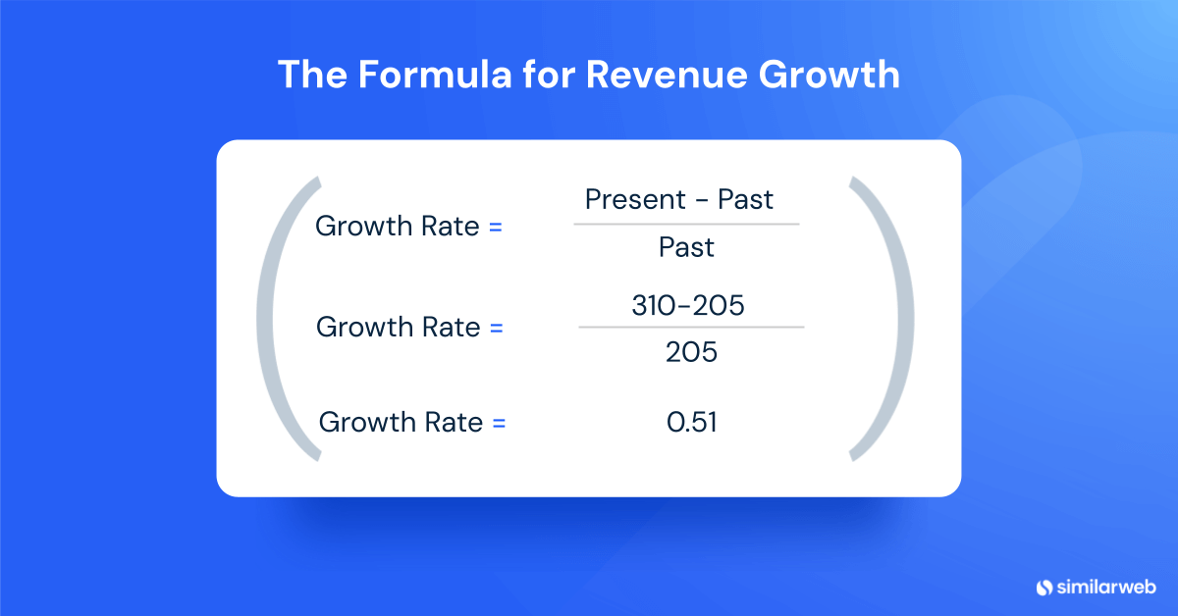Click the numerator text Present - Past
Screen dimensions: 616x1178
pos(679,200)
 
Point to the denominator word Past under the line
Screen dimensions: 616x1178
pos(686,248)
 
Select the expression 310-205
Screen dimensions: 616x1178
pos(687,306)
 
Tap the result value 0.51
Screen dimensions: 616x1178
pos(691,423)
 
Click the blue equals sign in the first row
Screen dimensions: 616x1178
pos(495,227)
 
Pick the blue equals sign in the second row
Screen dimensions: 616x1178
pos(496,328)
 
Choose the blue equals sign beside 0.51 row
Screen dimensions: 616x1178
pos(499,423)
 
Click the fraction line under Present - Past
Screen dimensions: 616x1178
pos(686,224)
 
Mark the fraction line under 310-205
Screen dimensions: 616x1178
pos(691,327)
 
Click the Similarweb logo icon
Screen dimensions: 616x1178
pos(1043,587)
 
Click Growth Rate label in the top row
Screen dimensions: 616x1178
pos(398,227)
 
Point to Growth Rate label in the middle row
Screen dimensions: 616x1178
pos(399,328)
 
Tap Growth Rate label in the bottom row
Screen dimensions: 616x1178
pos(402,423)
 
